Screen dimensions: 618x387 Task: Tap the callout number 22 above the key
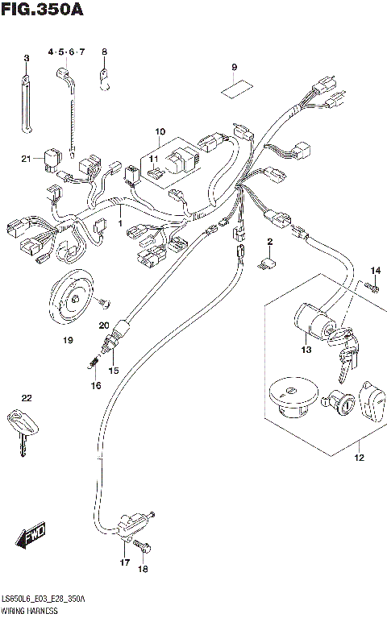(27, 399)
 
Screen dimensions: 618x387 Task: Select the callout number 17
(125, 562)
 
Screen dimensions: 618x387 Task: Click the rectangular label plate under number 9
(234, 88)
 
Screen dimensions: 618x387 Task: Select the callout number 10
(160, 131)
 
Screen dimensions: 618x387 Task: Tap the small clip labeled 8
(104, 79)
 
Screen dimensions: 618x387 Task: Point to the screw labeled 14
(372, 285)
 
